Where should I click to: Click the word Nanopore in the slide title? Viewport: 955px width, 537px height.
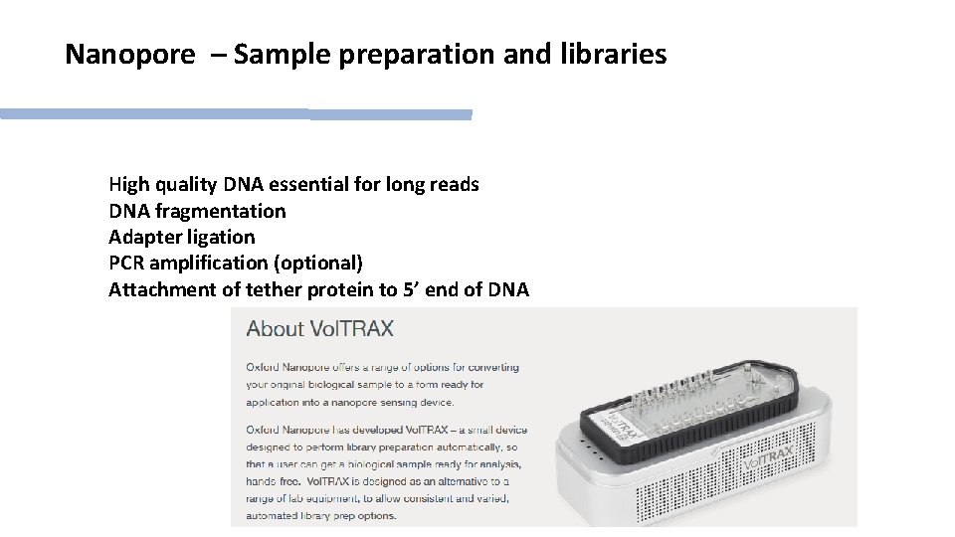click(x=129, y=54)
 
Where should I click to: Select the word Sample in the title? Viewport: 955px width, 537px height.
click(x=286, y=54)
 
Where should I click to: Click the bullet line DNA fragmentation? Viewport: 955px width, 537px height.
click(x=197, y=211)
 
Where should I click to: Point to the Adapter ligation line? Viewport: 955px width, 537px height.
click(x=181, y=237)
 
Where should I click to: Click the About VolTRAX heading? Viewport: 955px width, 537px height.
click(x=320, y=328)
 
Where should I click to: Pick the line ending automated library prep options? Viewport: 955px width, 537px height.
click(x=321, y=515)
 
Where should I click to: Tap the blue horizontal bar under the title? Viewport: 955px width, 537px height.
click(x=236, y=114)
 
